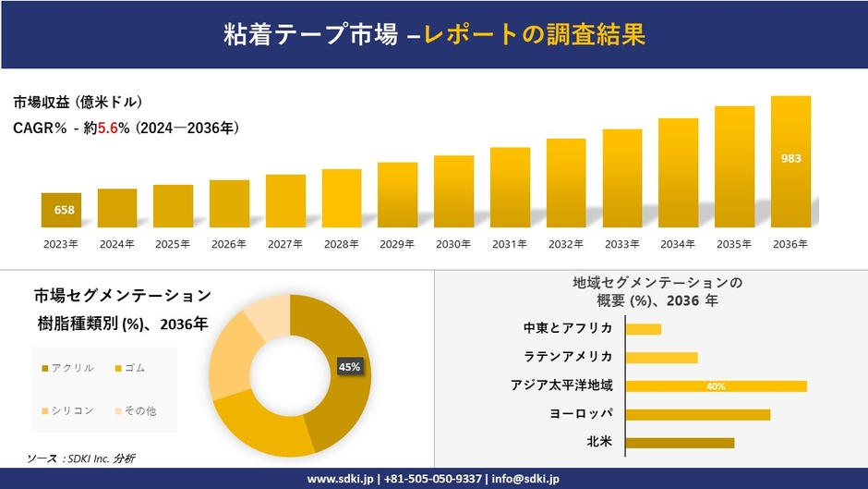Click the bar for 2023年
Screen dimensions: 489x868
pyautogui.click(x=62, y=211)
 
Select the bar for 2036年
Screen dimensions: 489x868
pyautogui.click(x=790, y=162)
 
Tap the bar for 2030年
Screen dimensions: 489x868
pyautogui.click(x=453, y=191)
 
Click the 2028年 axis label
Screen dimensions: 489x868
pyautogui.click(x=341, y=244)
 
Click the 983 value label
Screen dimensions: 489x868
pyautogui.click(x=790, y=158)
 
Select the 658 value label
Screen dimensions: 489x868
pyautogui.click(x=64, y=211)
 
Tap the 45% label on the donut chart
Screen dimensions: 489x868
pyautogui.click(x=350, y=367)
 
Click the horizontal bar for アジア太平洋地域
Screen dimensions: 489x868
pyautogui.click(x=716, y=386)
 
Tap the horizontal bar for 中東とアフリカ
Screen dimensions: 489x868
pyautogui.click(x=643, y=329)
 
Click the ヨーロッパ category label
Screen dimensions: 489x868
pyautogui.click(x=581, y=414)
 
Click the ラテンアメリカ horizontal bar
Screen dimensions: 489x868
pyautogui.click(x=661, y=358)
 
